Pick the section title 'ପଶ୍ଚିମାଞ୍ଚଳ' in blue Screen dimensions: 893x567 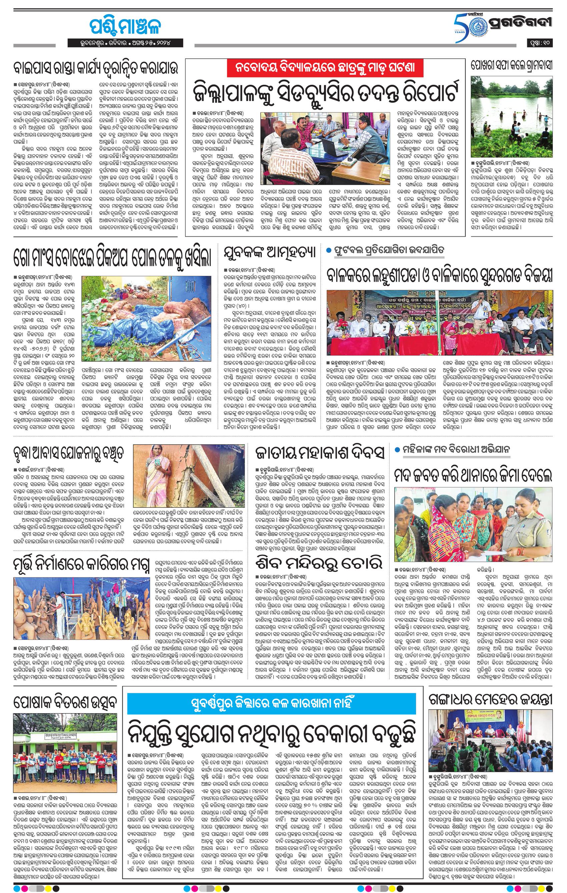125,26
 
